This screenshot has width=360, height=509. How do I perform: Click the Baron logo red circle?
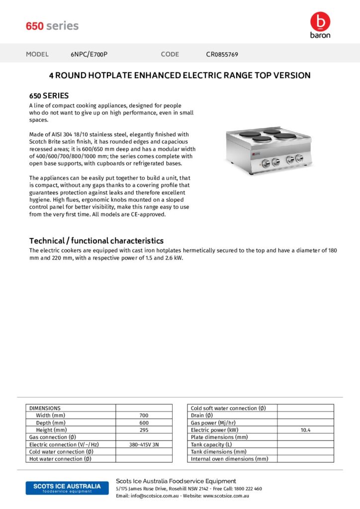coord(320,21)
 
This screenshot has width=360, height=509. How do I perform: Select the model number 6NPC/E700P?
coord(89,54)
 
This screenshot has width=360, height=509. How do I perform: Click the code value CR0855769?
coord(222,54)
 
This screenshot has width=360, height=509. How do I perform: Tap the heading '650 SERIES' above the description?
coord(49,95)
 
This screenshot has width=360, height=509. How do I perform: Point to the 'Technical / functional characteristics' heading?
coord(96,241)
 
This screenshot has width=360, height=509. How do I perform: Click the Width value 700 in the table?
coord(144,415)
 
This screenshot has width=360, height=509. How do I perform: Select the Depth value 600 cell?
coord(144,423)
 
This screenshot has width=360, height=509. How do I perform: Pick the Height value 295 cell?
coord(144,430)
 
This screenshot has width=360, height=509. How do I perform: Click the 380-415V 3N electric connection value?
coord(144,444)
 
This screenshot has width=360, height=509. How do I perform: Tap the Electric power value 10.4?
coord(305,430)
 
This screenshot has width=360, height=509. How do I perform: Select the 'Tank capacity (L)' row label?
coord(211,444)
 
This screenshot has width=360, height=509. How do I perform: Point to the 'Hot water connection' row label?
coord(60,459)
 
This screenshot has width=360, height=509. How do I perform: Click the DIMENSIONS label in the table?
coord(45,408)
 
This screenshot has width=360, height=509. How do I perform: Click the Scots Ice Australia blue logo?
coord(67,488)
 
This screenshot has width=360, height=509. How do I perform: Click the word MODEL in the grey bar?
coord(37,54)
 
